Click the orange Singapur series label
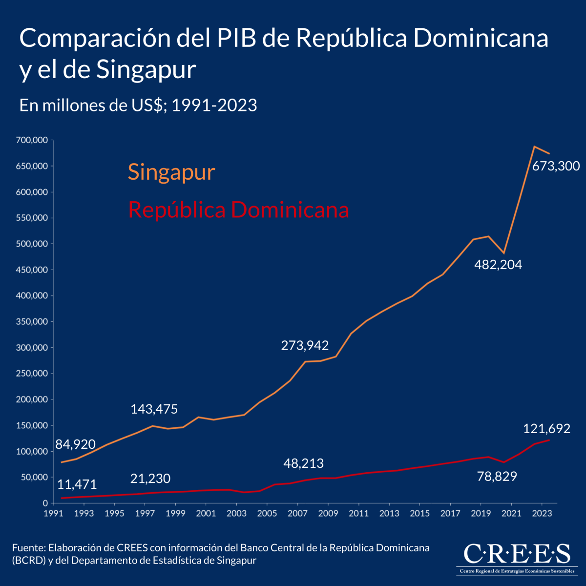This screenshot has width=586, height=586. pyautogui.click(x=171, y=172)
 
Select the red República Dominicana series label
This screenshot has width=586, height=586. pyautogui.click(x=238, y=210)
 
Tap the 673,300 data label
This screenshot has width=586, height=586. pyautogui.click(x=556, y=166)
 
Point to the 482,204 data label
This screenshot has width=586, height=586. pyautogui.click(x=498, y=265)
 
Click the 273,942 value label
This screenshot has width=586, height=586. pyautogui.click(x=305, y=345)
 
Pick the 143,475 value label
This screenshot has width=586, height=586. pyautogui.click(x=154, y=409)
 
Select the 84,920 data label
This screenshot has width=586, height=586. pyautogui.click(x=75, y=444)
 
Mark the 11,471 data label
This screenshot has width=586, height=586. pyautogui.click(x=77, y=484)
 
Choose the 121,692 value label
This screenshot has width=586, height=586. pyautogui.click(x=546, y=429)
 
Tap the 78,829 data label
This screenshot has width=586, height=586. pyautogui.click(x=497, y=476)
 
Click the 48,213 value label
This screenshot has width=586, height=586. pyautogui.click(x=303, y=463)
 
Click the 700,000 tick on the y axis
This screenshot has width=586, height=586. pyautogui.click(x=32, y=140)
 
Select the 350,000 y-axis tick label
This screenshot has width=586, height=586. pyautogui.click(x=32, y=322)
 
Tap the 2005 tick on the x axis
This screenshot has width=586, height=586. pyautogui.click(x=267, y=513)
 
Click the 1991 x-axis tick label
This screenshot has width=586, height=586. pyautogui.click(x=53, y=513)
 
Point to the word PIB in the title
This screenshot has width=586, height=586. pyautogui.click(x=235, y=38)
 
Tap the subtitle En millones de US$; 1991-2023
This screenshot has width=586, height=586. pyautogui.click(x=138, y=105)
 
